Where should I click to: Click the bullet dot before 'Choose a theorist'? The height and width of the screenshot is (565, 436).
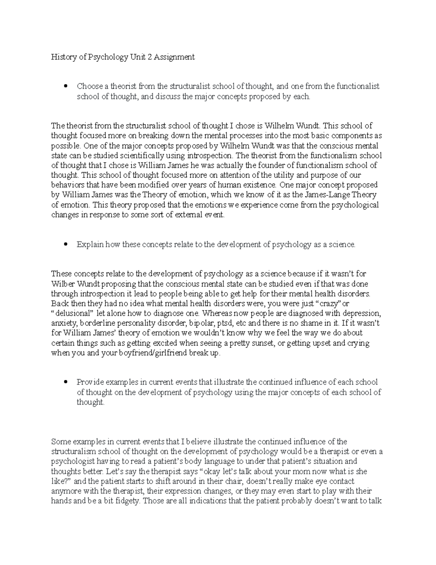coord(66,87)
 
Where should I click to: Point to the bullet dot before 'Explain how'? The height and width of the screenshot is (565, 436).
coord(66,245)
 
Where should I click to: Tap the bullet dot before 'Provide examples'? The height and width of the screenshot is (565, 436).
coord(66,382)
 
